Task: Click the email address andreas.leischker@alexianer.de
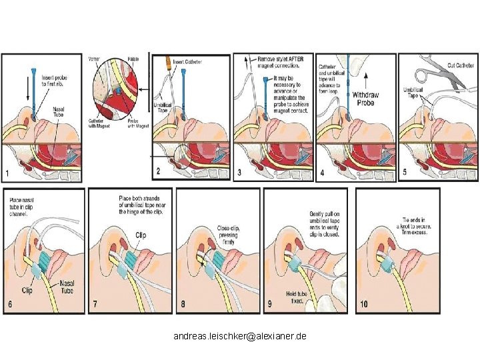[240, 337]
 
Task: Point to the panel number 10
[364, 305]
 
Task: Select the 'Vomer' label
[95, 59]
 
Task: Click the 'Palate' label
[133, 59]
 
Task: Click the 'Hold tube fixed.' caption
[297, 297]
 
